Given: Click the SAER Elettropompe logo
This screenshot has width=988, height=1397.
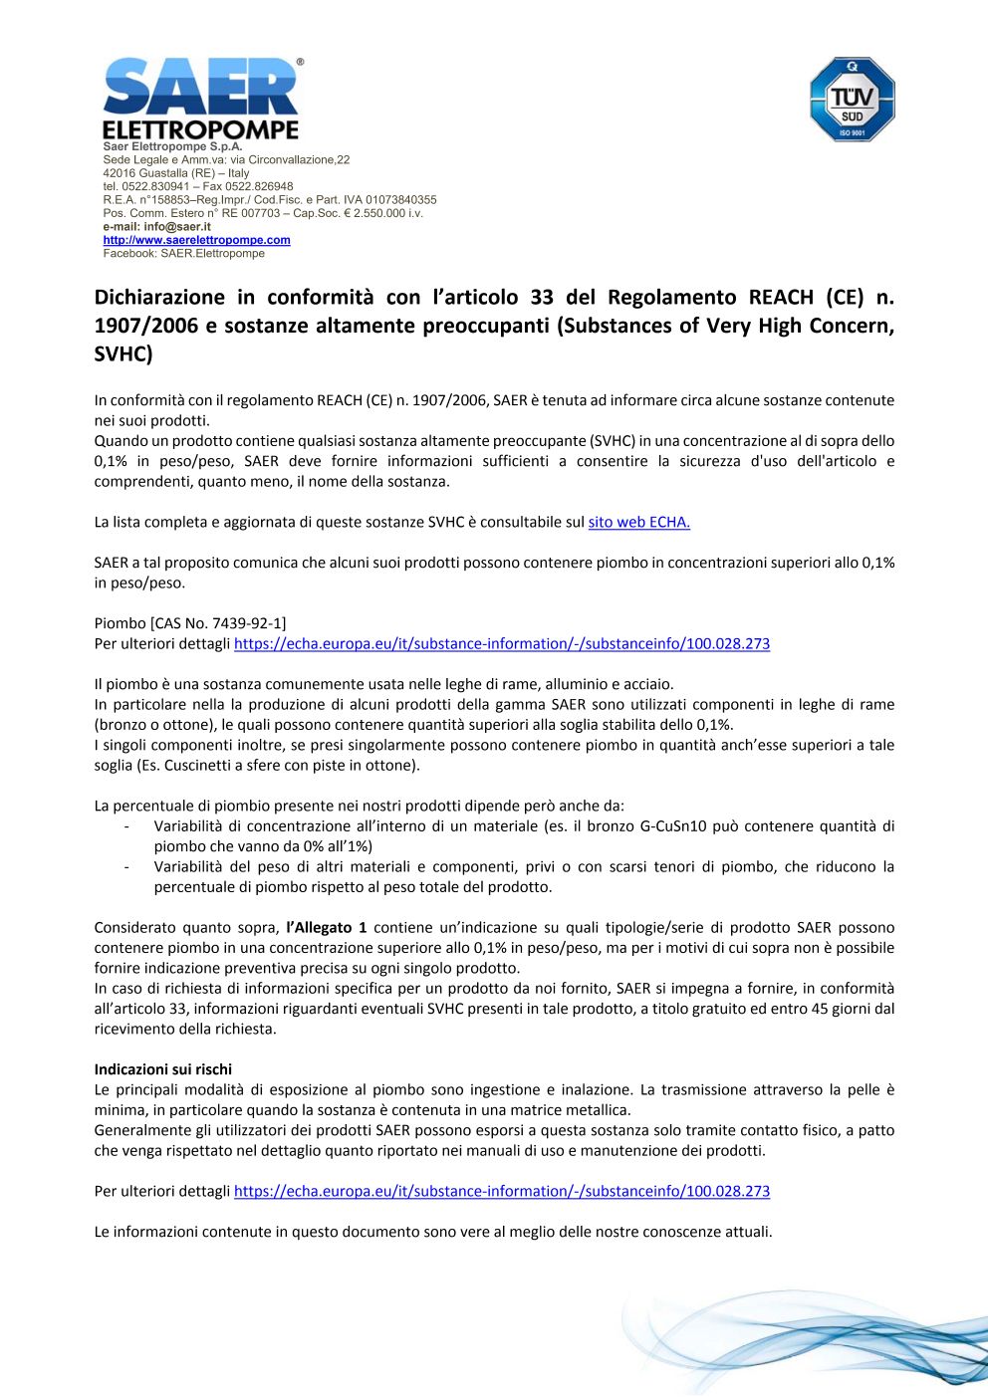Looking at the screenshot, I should pyautogui.click(x=200, y=99).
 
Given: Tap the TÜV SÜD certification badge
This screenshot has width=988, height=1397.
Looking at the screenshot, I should pyautogui.click(x=852, y=99).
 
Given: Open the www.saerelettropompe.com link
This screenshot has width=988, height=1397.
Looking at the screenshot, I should pyautogui.click(x=196, y=240).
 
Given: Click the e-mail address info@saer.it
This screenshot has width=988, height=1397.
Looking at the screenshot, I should pyautogui.click(x=176, y=227).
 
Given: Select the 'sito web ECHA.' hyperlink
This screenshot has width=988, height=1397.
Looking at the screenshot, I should pyautogui.click(x=638, y=522).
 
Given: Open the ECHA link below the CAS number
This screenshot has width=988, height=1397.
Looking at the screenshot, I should pyautogui.click(x=501, y=644).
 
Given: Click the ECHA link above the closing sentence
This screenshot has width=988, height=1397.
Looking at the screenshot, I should pyautogui.click(x=501, y=1191).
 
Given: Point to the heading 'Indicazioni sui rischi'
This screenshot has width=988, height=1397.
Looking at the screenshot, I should pyautogui.click(x=162, y=1069).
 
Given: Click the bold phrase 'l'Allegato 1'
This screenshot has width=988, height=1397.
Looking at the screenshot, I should pyautogui.click(x=326, y=927).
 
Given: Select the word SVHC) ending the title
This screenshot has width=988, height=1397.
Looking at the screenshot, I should pyautogui.click(x=123, y=354).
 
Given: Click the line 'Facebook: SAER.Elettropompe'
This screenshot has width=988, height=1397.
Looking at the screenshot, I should pyautogui.click(x=183, y=254).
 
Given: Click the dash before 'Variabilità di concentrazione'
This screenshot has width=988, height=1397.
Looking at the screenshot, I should pyautogui.click(x=125, y=825).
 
